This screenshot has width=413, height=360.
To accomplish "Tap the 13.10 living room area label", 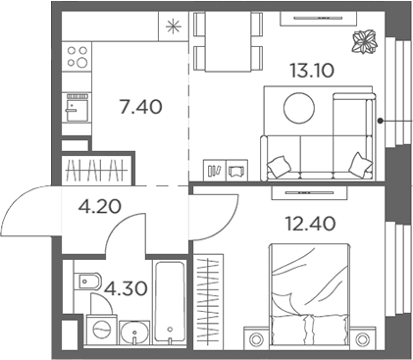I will pos(310,70).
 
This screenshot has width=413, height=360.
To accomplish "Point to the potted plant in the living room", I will pos(362,42).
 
